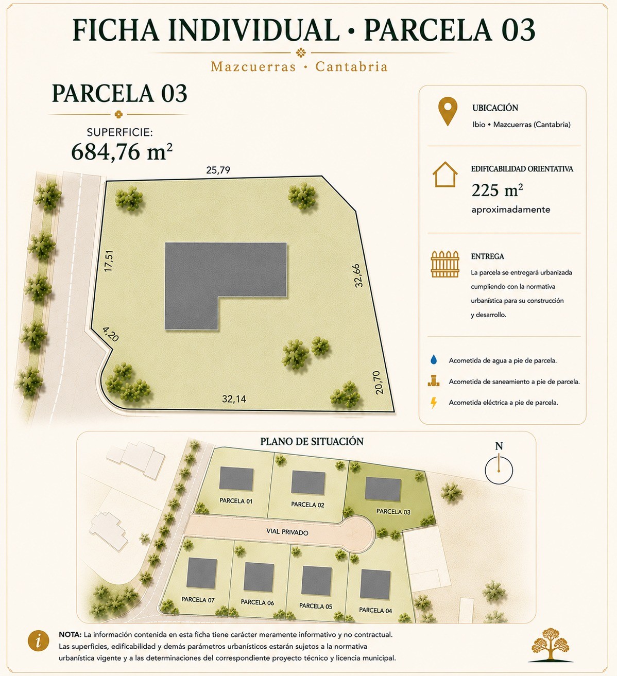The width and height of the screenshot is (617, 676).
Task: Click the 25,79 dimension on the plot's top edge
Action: pyautogui.click(x=218, y=170)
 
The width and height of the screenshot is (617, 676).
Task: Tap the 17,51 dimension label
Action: pyautogui.click(x=109, y=261)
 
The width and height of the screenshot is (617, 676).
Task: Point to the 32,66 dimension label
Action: pyautogui.click(x=358, y=275)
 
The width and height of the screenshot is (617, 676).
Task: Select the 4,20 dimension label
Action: pyautogui.click(x=111, y=334)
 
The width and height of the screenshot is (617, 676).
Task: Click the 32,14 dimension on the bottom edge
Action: pyautogui.click(x=234, y=399)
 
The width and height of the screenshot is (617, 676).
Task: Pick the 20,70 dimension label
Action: pyautogui.click(x=379, y=382)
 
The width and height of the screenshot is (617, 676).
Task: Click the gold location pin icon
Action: pyautogui.click(x=448, y=111)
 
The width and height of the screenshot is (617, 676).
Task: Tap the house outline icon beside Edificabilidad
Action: pyautogui.click(x=445, y=174)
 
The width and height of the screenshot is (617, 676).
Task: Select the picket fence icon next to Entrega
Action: pyautogui.click(x=445, y=264)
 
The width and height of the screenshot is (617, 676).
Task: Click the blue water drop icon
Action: pyautogui.click(x=434, y=359)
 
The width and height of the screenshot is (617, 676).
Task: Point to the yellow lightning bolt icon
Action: pyautogui.click(x=434, y=403)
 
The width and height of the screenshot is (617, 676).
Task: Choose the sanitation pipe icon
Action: pyautogui.click(x=434, y=381)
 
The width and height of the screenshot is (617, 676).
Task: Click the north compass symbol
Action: pyautogui.click(x=499, y=465)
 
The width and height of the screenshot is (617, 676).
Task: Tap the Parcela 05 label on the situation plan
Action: pyautogui.click(x=316, y=606)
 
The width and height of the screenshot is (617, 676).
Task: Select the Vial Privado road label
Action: pyautogui.click(x=287, y=532)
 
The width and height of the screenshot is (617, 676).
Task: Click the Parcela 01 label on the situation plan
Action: pyautogui.click(x=236, y=501)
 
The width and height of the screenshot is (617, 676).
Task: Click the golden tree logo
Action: pyautogui.click(x=550, y=644)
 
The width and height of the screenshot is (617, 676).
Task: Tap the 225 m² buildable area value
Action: pyautogui.click(x=497, y=190)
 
